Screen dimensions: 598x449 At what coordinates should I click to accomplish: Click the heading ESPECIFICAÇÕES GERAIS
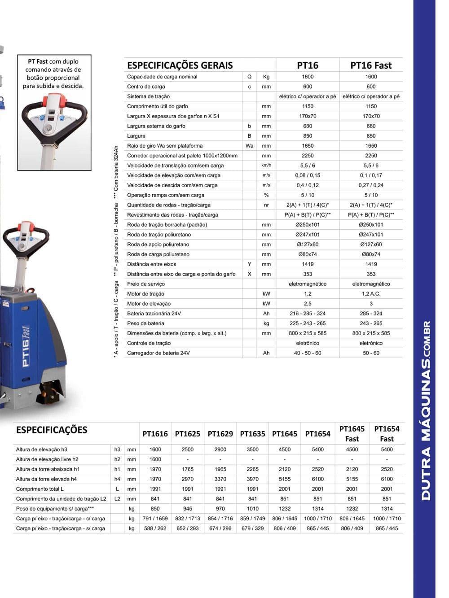180,65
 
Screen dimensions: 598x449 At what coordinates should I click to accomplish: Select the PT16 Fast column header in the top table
371,65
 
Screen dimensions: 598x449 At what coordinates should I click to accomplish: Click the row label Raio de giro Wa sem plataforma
165,146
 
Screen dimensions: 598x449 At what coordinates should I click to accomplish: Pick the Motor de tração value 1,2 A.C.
371,294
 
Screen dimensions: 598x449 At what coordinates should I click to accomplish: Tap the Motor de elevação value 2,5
308,304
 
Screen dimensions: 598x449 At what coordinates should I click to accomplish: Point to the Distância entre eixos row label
152,264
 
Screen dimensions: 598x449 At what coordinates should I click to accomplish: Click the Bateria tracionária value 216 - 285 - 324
308,314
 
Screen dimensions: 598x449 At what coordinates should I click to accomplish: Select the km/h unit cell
266,166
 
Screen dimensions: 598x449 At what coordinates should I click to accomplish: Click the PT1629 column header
220,434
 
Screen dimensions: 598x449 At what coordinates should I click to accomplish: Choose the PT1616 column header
155,434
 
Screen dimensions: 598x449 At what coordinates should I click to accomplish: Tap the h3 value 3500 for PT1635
253,450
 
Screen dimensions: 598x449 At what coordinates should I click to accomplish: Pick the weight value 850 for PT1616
155,509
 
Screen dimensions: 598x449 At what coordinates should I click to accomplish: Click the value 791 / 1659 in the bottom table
155,519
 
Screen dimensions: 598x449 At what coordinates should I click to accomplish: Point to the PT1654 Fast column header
387,433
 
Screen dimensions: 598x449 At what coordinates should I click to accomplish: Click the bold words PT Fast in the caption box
38,61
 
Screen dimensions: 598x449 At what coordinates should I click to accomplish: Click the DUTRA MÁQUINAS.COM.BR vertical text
426,410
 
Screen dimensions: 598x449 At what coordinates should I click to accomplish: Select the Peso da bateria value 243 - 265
371,323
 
